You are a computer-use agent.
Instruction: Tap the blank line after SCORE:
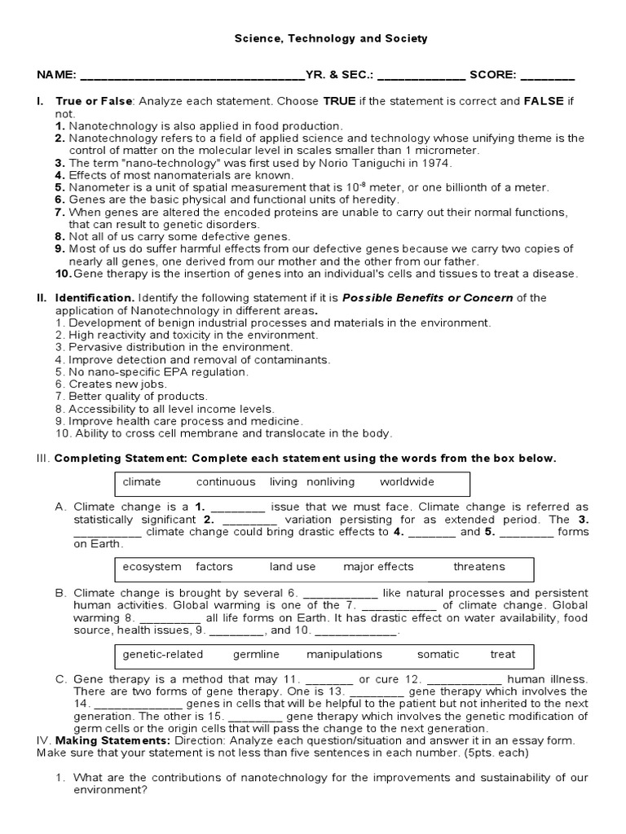pos(547,77)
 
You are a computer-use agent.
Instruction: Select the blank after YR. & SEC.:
pos(421,77)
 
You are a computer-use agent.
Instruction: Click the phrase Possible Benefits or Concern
pos(427,298)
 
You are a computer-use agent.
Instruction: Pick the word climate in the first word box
pos(142,482)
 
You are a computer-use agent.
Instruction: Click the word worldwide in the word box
pos(407,482)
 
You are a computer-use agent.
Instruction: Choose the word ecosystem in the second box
pos(152,567)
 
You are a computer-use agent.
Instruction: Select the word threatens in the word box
pos(479,567)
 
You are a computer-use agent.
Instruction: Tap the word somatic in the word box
pos(438,654)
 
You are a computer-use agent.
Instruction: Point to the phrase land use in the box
pos(293,567)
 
